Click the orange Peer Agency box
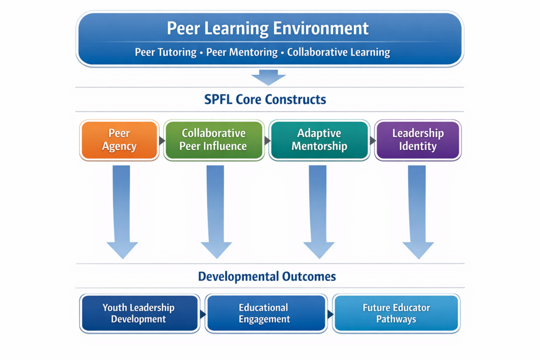[x=119, y=140]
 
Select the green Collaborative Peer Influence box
[x=214, y=140]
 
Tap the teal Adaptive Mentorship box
[x=319, y=140]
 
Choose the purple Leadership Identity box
[x=418, y=140]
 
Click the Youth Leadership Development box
[x=139, y=314]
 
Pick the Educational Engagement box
[x=265, y=314]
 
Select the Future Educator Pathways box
[x=396, y=314]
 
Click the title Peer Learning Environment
[x=268, y=28]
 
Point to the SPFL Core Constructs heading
[x=265, y=99]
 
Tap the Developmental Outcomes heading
[x=267, y=276]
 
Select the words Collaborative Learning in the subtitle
[x=339, y=52]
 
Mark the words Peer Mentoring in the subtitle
[x=242, y=52]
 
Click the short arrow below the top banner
[x=268, y=78]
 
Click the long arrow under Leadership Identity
[x=418, y=211]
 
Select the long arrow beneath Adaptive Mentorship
[x=319, y=211]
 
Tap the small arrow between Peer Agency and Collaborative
[x=161, y=141]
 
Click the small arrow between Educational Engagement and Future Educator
[x=330, y=314]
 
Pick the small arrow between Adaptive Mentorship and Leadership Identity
[x=373, y=141]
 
